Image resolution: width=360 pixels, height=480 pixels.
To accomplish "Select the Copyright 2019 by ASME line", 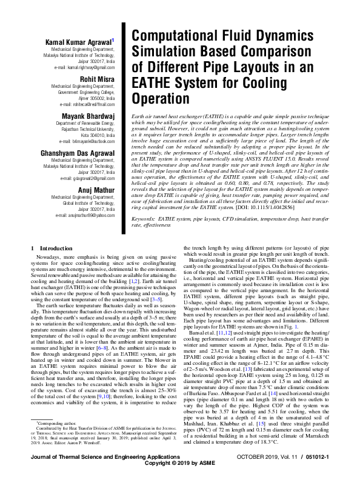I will click(x=180, y=473).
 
